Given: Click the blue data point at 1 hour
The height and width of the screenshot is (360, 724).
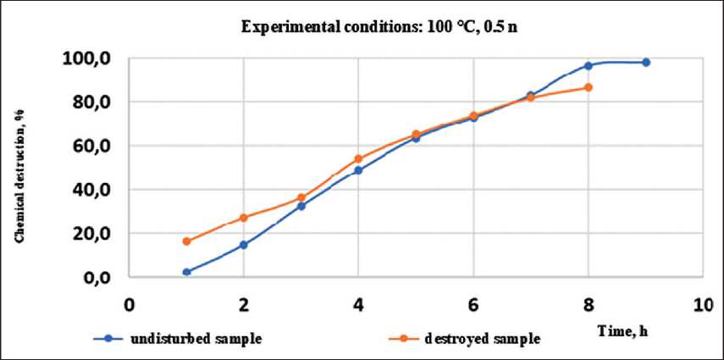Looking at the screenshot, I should pyautogui.click(x=186, y=272).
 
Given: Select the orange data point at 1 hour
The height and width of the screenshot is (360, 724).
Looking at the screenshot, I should pyautogui.click(x=186, y=241).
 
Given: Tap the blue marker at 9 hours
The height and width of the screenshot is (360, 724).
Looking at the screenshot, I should pyautogui.click(x=645, y=62).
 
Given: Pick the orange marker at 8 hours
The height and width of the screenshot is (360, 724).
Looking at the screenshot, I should pyautogui.click(x=588, y=87).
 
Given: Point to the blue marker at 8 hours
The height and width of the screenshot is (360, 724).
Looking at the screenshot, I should pyautogui.click(x=588, y=65).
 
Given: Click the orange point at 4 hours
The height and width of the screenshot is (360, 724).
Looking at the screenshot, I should pyautogui.click(x=358, y=158).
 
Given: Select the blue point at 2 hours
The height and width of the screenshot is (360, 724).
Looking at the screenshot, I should pyautogui.click(x=243, y=245).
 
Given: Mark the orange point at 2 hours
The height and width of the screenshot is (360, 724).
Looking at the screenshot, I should pyautogui.click(x=243, y=218).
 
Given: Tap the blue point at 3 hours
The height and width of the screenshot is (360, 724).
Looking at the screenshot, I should pyautogui.click(x=301, y=206).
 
